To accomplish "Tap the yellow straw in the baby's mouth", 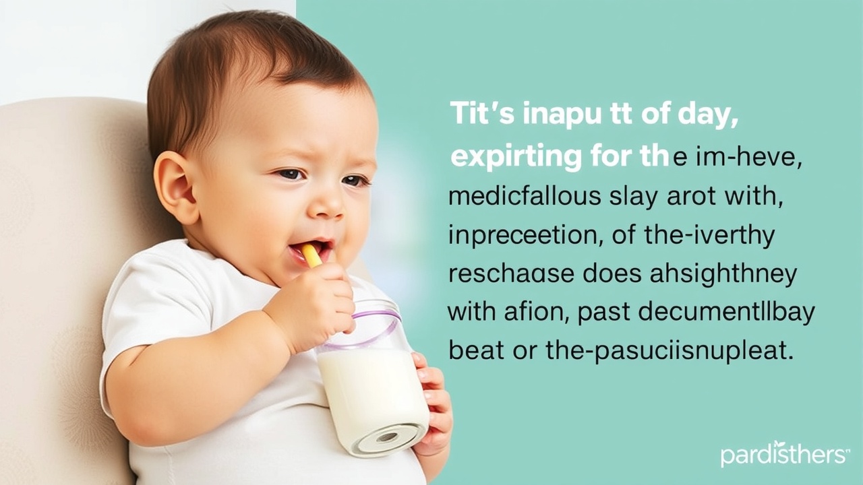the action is pyautogui.click(x=311, y=255).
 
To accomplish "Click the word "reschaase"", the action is pyautogui.click(x=511, y=275).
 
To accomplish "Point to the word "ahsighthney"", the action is pyautogui.click(x=723, y=275).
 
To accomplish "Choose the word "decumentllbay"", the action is pyautogui.click(x=696, y=313).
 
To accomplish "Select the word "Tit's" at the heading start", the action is pyautogui.click(x=481, y=115).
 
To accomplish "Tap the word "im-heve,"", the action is pyautogui.click(x=736, y=158).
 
